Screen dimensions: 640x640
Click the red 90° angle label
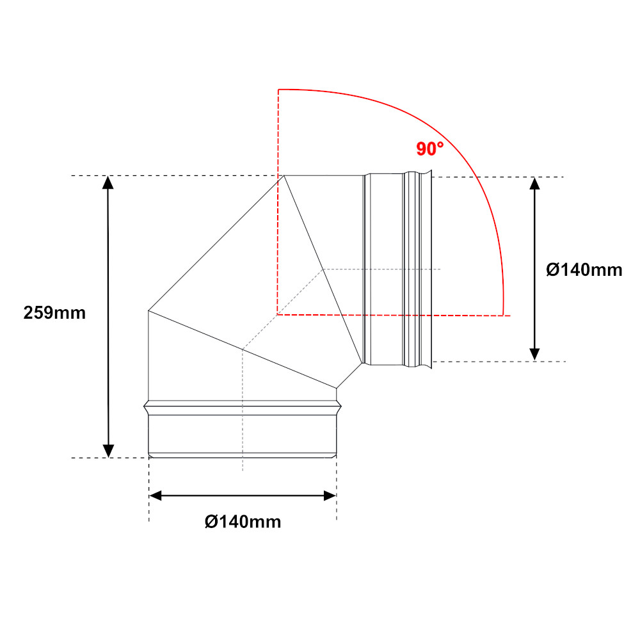click(x=430, y=148)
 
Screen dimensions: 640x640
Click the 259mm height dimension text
click(x=54, y=313)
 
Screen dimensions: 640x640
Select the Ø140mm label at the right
click(x=584, y=270)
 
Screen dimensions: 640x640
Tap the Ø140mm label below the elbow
click(x=243, y=522)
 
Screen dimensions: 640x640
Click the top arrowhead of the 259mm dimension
click(x=108, y=182)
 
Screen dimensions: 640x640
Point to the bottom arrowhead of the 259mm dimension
click(x=108, y=451)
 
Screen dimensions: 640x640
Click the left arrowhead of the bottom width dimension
click(x=156, y=496)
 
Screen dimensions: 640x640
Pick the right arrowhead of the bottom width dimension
click(x=330, y=496)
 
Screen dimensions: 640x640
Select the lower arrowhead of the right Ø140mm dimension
click(x=534, y=355)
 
